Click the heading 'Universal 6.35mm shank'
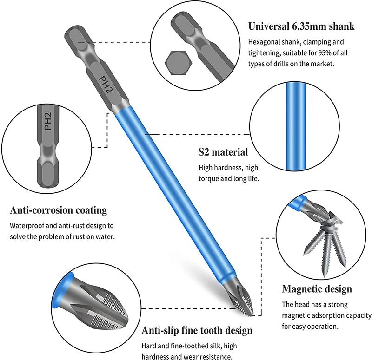(301, 26)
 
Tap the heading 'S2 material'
(223, 152)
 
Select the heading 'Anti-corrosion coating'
(59, 210)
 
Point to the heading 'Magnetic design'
(317, 289)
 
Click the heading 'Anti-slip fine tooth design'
(197, 331)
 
